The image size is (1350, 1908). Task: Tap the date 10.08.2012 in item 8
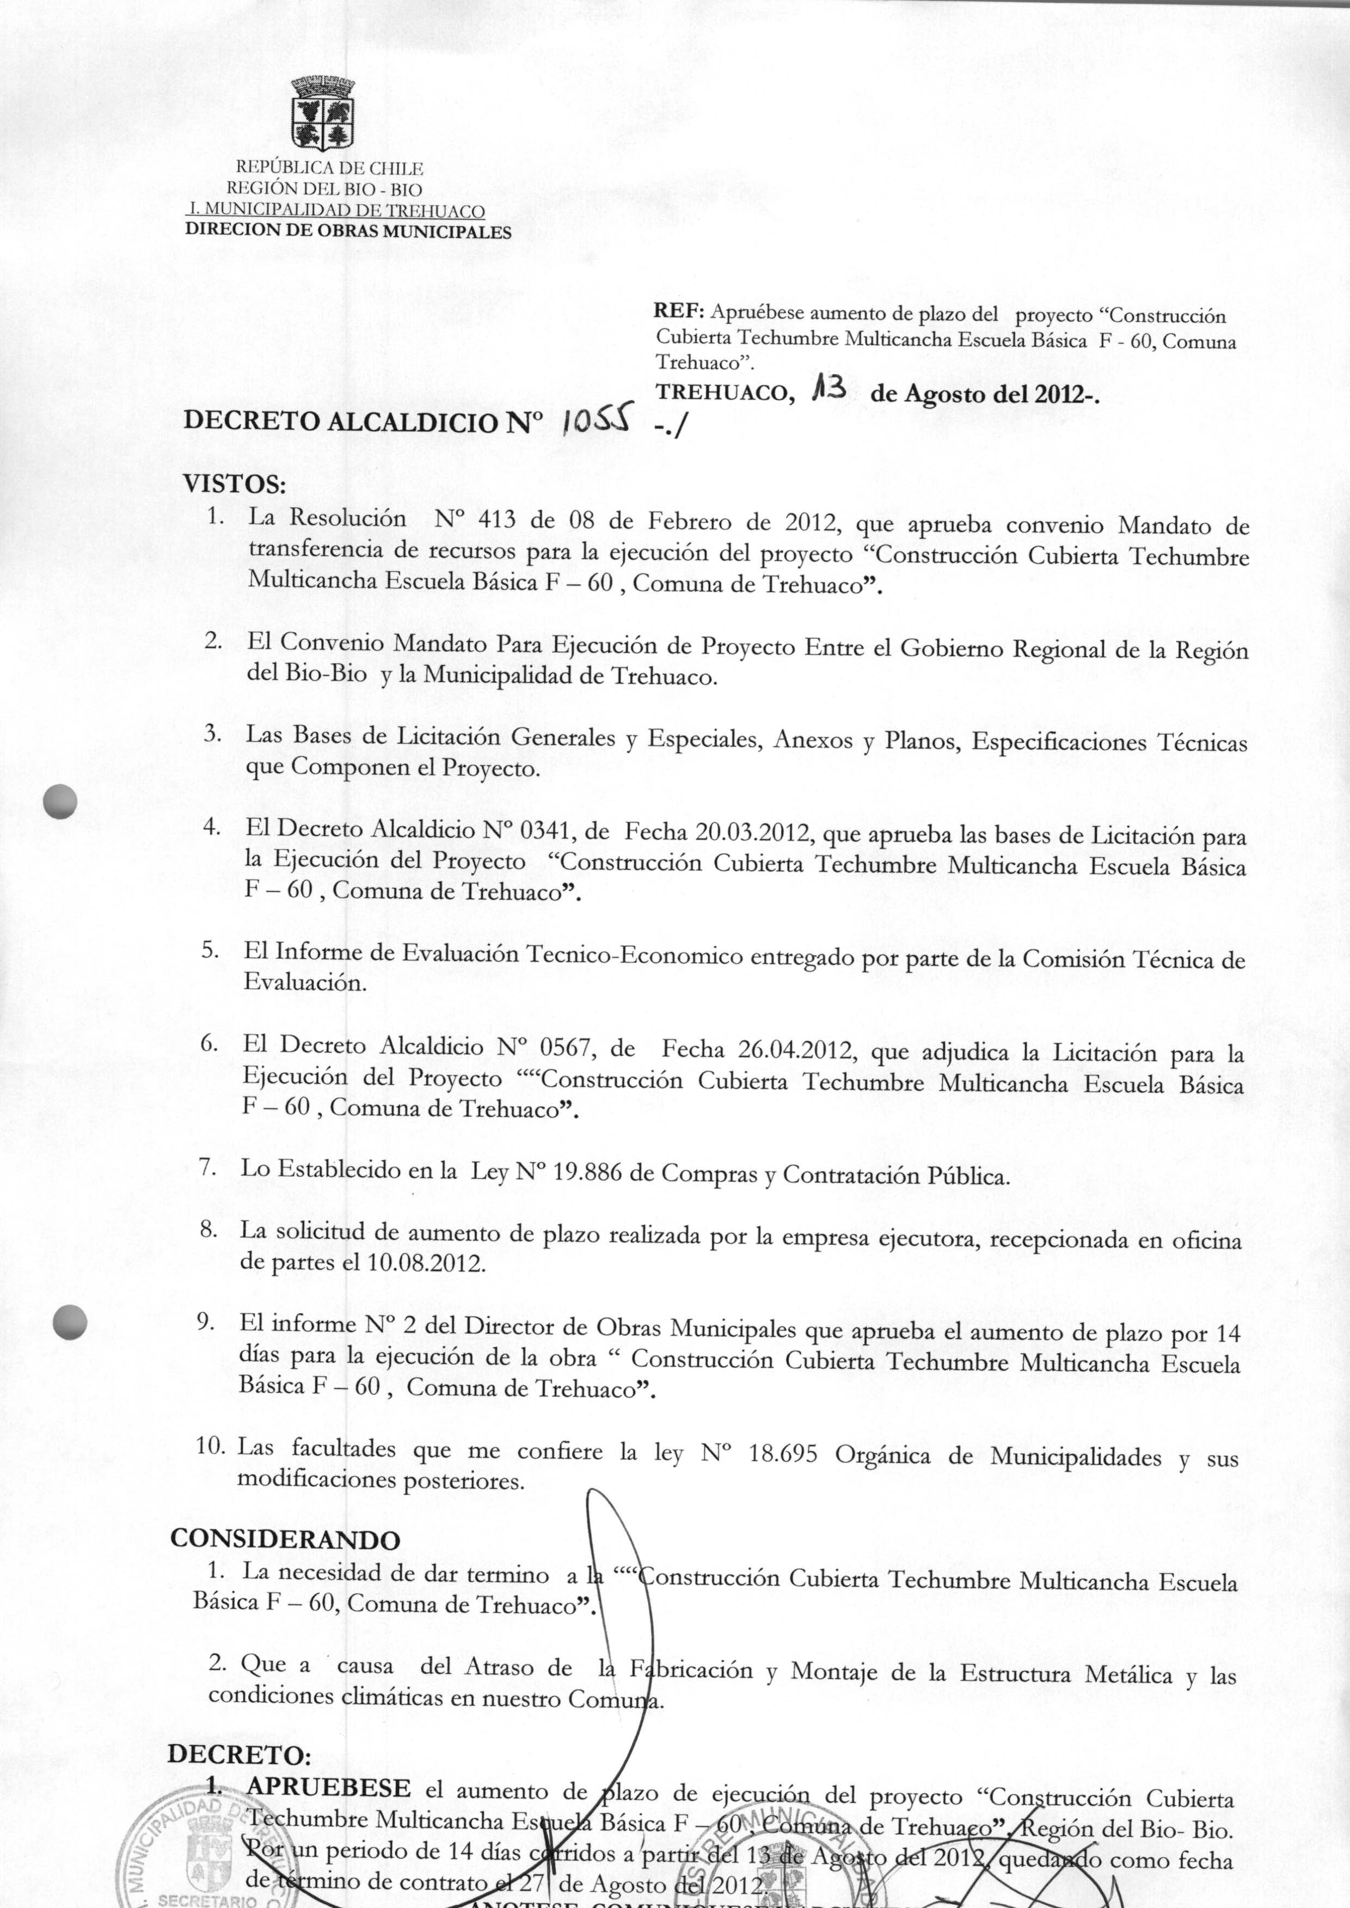coord(425,1264)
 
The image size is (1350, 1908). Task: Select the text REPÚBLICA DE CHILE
coord(330,169)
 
